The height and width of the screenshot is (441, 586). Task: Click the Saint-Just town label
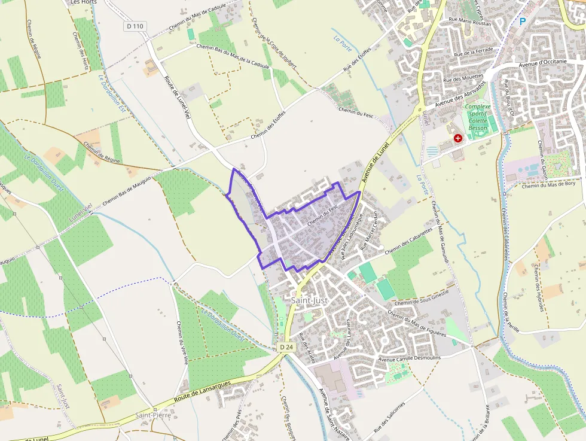(309, 300)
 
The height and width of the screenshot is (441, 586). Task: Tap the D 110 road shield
(135, 26)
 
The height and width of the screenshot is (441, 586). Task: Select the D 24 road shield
(286, 347)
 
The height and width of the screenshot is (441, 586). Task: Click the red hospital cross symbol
(458, 138)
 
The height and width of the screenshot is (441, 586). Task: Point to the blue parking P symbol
(522, 22)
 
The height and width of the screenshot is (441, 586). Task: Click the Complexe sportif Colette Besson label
(478, 117)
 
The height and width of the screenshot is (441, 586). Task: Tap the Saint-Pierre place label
(153, 415)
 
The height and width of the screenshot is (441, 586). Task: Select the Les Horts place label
(83, 2)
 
